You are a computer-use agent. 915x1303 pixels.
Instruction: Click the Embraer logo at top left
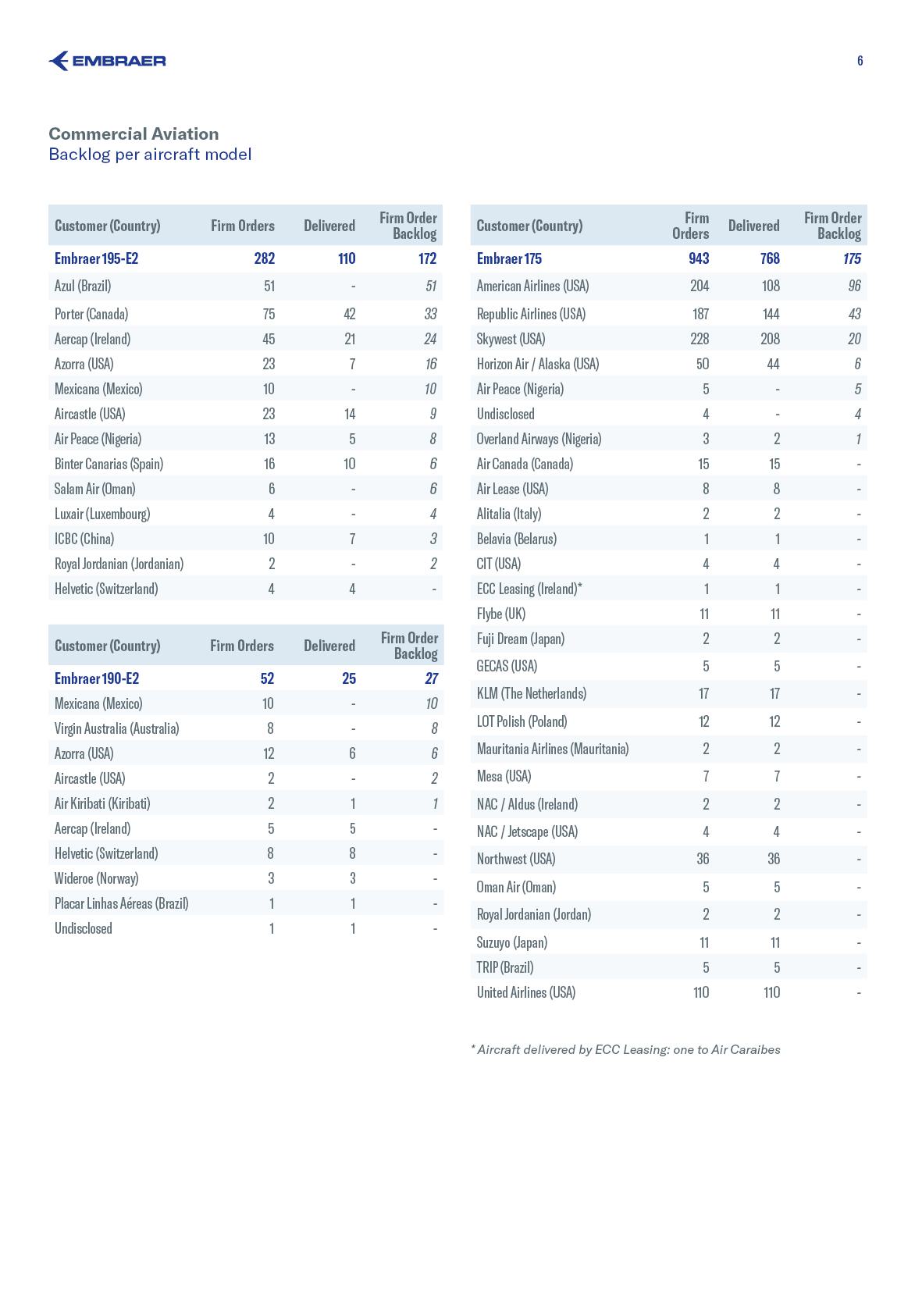click(107, 61)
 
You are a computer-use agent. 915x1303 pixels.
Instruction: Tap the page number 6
click(860, 61)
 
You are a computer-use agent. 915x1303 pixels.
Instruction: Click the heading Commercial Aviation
click(134, 134)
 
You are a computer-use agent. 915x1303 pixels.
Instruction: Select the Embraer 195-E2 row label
click(96, 258)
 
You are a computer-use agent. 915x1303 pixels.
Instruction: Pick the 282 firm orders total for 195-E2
click(264, 258)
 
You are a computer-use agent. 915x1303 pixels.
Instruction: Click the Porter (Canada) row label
click(91, 314)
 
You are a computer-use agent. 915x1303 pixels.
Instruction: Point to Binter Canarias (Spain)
click(109, 464)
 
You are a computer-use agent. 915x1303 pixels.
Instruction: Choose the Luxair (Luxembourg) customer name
click(102, 514)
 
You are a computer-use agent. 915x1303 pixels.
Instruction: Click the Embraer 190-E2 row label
click(97, 678)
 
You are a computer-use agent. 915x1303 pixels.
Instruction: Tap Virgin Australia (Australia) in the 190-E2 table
click(116, 728)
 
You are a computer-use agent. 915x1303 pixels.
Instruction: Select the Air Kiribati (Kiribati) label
click(102, 803)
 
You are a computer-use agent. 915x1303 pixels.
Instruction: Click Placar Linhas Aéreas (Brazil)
click(121, 903)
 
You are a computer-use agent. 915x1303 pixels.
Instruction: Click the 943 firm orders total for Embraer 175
click(699, 258)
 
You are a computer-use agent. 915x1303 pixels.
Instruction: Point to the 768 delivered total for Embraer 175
click(769, 258)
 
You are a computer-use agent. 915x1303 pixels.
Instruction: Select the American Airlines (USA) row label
click(532, 286)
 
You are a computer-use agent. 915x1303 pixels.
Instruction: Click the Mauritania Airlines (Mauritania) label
click(552, 749)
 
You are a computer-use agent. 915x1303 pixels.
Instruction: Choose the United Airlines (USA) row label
click(525, 992)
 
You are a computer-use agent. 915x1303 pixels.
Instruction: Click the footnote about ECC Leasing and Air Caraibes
click(625, 1049)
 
